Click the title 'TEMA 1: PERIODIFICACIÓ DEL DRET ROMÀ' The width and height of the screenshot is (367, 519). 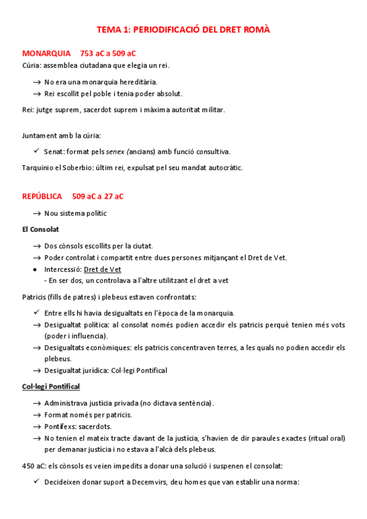tap(183, 29)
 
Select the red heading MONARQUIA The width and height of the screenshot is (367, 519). tap(47, 53)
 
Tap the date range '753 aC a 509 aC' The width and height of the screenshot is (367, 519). tap(108, 53)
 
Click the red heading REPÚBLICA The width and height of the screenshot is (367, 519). tap(42, 196)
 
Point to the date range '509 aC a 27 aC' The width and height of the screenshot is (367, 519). tap(97, 196)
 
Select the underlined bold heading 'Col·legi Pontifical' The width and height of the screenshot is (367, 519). tap(51, 387)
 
